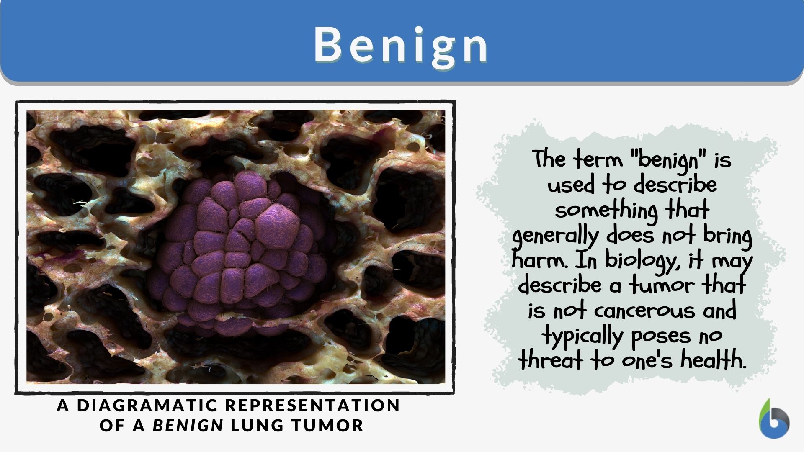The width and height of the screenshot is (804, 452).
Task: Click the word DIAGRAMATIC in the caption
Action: [x=148, y=405]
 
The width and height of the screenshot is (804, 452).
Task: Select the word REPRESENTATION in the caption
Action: [x=313, y=405]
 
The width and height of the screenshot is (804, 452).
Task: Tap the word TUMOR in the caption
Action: [x=327, y=425]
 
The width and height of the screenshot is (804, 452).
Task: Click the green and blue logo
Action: [x=774, y=420]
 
